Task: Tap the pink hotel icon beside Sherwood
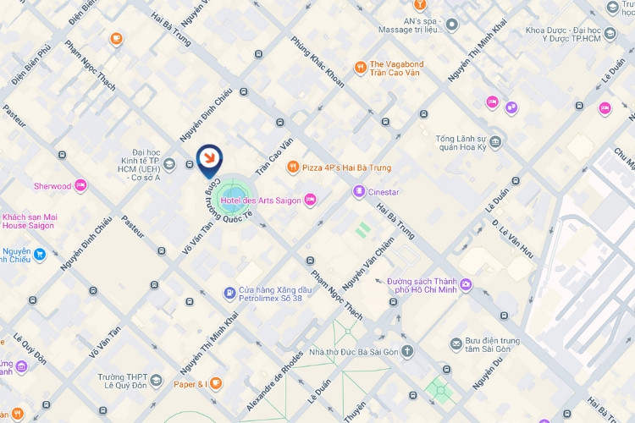[80, 185]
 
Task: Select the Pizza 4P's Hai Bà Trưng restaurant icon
[293, 168]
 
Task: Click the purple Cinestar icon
[359, 192]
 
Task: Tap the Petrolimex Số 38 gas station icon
[229, 294]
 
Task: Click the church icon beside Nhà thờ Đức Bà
[408, 351]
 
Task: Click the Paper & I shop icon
[217, 384]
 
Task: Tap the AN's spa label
[409, 24]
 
